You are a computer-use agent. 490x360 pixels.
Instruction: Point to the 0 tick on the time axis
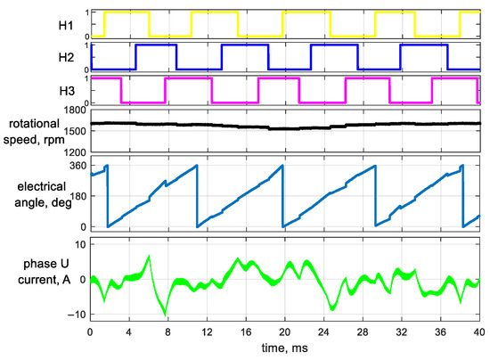point(89,331)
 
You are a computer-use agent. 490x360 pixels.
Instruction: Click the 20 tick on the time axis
point(284,331)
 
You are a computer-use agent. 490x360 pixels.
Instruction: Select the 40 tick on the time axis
point(478,331)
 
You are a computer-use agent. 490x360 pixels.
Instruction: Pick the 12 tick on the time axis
point(206,331)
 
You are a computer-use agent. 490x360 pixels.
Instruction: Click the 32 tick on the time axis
point(401,331)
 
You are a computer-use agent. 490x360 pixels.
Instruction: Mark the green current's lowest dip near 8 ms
point(166,315)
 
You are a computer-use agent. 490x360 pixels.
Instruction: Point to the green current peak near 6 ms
point(149,257)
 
